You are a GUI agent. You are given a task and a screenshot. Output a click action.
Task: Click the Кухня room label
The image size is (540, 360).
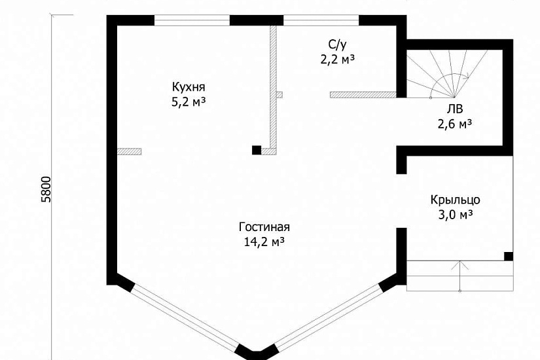tap(189, 86)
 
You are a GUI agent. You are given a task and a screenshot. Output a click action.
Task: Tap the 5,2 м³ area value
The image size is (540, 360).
tap(189, 102)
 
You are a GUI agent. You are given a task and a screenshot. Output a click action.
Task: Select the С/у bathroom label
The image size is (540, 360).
tap(337, 44)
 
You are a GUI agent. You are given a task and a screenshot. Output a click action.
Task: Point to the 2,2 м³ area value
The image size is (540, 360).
tap(338, 60)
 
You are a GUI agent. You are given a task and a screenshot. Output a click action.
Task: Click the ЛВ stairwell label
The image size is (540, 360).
tap(455, 109)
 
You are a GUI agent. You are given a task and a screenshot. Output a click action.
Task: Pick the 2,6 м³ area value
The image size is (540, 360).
tap(455, 124)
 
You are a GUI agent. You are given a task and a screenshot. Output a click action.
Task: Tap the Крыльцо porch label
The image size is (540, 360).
tap(455, 200)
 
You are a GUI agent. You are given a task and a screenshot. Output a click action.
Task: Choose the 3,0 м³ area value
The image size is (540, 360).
tap(455, 215)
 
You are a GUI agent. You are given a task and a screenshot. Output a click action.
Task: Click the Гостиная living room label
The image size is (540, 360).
tap(264, 227)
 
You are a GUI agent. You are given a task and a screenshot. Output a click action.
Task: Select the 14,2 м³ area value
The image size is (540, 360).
tap(264, 242)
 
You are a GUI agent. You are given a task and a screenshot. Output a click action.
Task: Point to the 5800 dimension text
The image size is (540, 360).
tap(46, 189)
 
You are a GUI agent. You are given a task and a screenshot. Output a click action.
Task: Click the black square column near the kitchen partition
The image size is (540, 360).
tap(257, 150)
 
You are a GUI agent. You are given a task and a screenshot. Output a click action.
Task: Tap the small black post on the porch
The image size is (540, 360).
tap(509, 257)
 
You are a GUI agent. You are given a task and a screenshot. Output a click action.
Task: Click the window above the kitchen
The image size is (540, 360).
tap(192, 20)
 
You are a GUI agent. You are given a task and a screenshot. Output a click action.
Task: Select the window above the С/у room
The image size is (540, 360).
tap(321, 20)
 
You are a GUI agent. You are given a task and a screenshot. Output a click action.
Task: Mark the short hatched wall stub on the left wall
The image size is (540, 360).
tap(129, 151)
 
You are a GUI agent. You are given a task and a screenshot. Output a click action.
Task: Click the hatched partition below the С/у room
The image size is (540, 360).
tap(363, 95)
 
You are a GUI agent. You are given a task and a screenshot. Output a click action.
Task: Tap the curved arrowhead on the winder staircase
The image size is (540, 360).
tap(467, 76)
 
